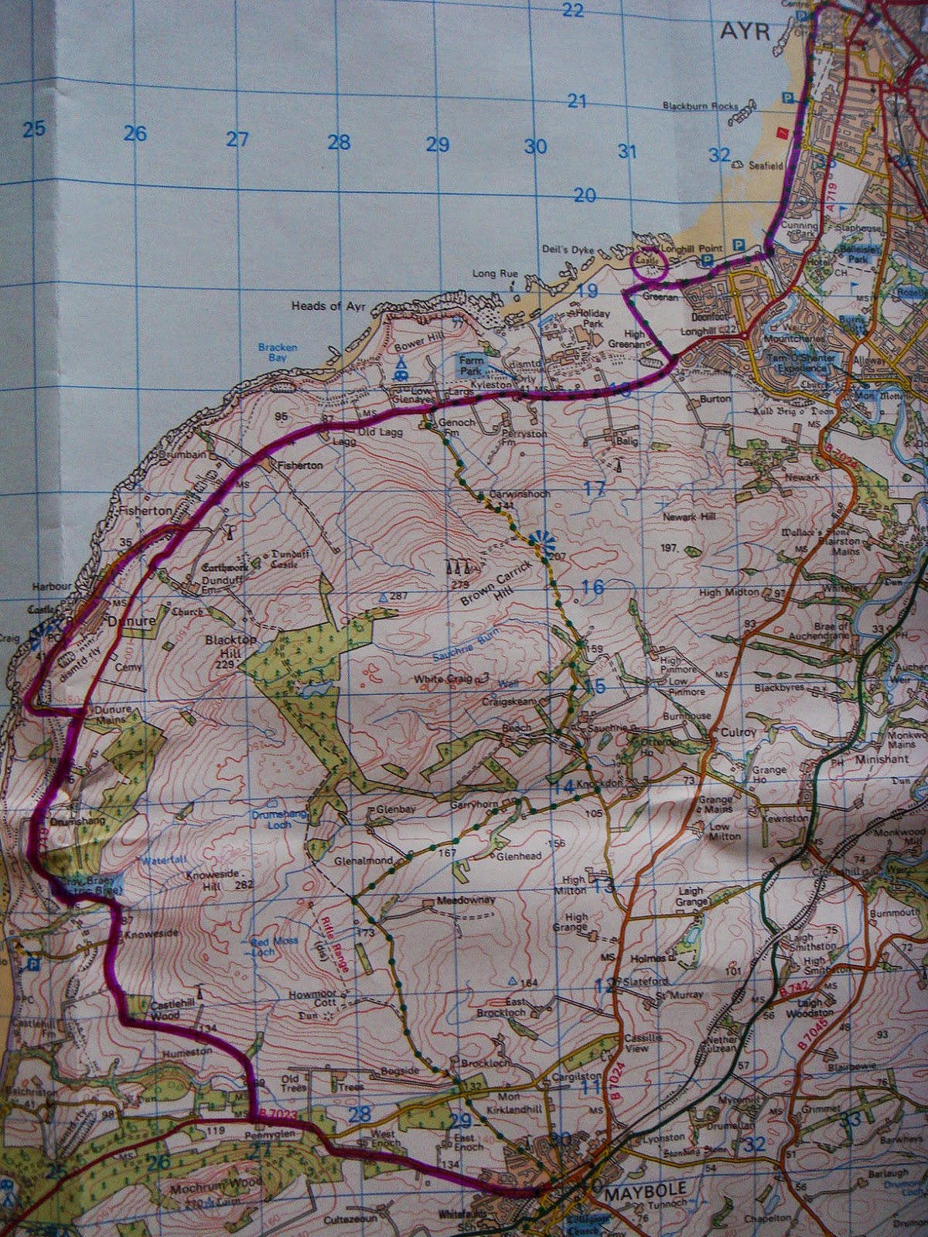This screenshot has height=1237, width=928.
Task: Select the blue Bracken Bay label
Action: pyautogui.click(x=278, y=353)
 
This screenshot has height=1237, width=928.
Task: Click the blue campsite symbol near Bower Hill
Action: pyautogui.click(x=401, y=366)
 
